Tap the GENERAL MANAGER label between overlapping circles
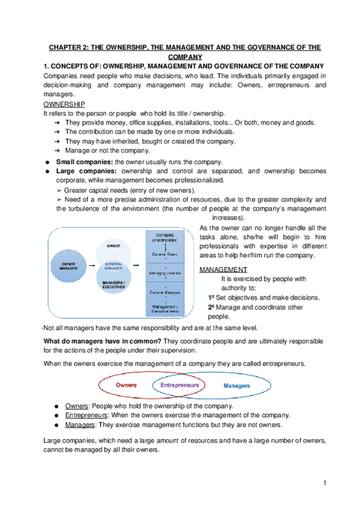114,265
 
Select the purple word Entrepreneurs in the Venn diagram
180,384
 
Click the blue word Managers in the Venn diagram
237,385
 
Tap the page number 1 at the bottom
324,484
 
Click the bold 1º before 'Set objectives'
211,298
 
